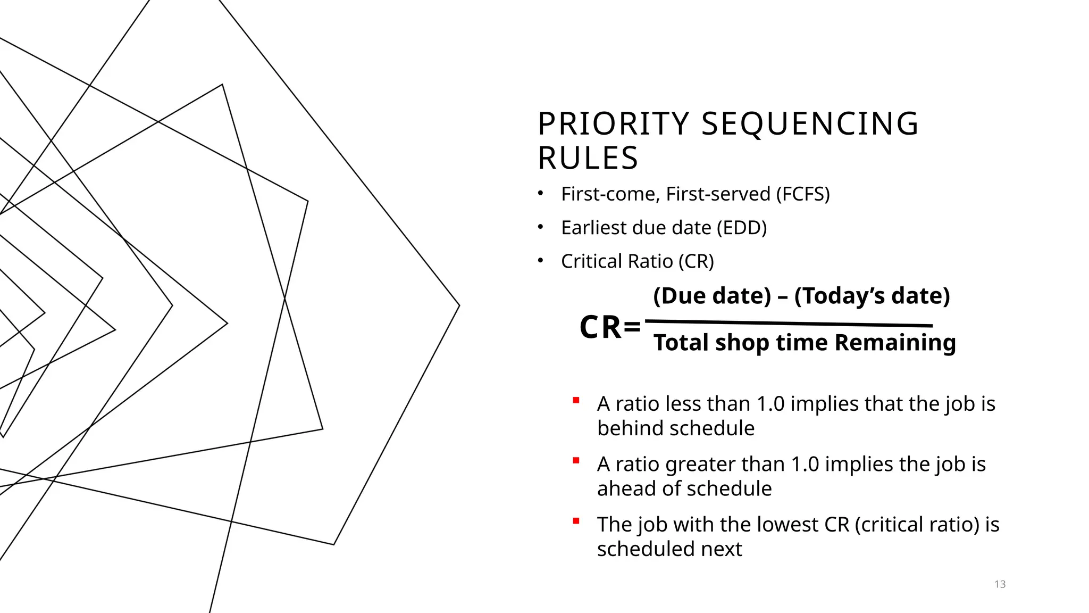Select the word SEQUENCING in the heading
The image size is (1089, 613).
810,124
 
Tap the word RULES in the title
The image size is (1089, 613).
588,159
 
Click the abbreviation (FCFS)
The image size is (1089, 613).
802,194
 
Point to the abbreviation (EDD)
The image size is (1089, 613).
741,228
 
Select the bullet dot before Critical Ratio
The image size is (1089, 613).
541,261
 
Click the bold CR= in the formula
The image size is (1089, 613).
610,327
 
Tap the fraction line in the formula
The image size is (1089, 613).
789,323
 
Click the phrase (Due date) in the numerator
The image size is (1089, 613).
712,296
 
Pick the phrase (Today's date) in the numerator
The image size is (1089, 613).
872,296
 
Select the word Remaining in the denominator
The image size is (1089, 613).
895,343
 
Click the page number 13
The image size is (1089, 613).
1000,584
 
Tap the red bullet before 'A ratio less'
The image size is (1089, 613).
576,400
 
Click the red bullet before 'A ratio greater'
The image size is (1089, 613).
576,461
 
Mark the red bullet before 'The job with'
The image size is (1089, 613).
576,521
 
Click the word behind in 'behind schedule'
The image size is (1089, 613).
626,428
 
